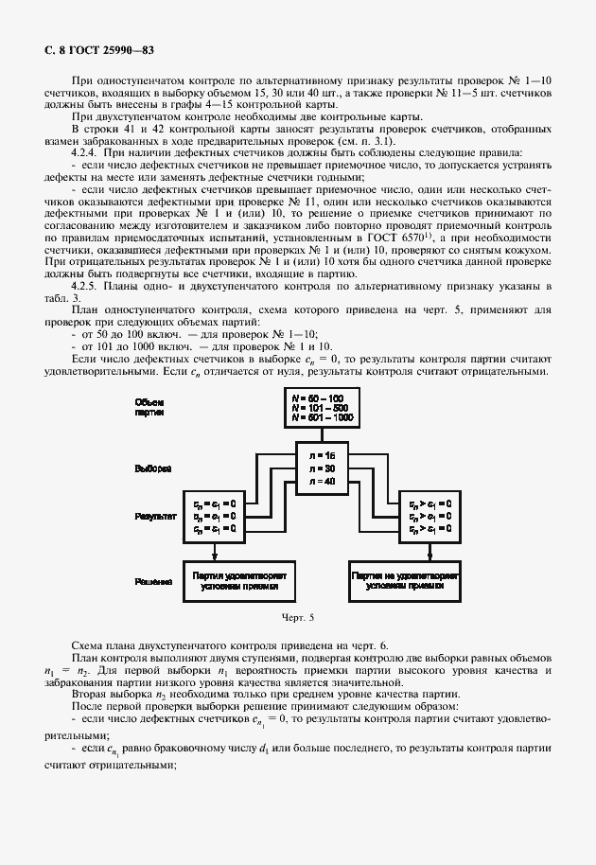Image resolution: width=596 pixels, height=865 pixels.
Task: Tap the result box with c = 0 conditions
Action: (217, 515)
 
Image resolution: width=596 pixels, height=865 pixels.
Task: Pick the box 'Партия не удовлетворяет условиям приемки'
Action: (404, 579)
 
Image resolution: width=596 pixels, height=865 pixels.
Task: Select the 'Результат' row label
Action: (153, 516)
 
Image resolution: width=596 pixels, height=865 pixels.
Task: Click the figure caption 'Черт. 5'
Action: (297, 618)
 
